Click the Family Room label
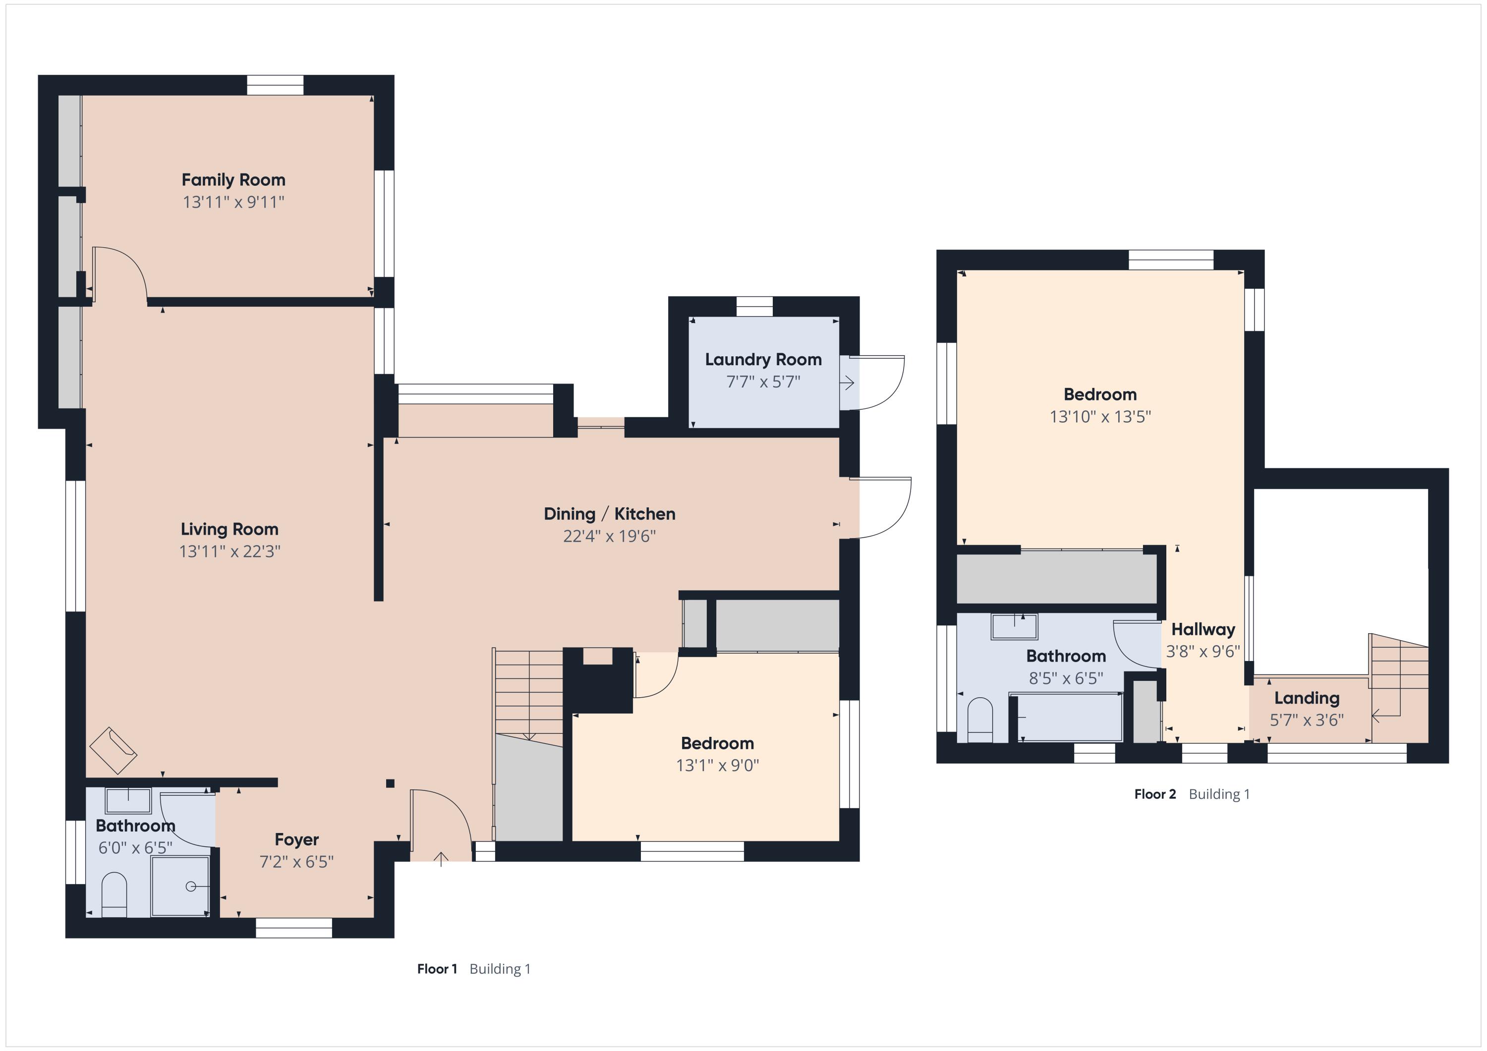(x=233, y=180)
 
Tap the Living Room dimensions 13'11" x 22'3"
(x=230, y=552)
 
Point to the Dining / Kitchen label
(x=610, y=514)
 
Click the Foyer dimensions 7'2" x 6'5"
(x=296, y=862)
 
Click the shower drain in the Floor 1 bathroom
(x=190, y=886)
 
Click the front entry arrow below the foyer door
(x=441, y=859)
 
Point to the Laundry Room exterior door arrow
(x=847, y=384)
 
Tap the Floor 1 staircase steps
(x=528, y=694)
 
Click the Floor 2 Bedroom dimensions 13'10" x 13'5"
(x=1100, y=417)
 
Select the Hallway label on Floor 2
(x=1203, y=629)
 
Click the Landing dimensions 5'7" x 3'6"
(x=1307, y=720)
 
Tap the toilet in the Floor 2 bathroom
(x=980, y=720)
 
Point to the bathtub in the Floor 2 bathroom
(x=1067, y=718)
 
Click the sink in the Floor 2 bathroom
(x=1014, y=627)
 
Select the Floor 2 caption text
(x=1192, y=794)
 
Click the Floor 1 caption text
(x=474, y=969)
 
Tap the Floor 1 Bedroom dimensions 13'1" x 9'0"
(x=718, y=766)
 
